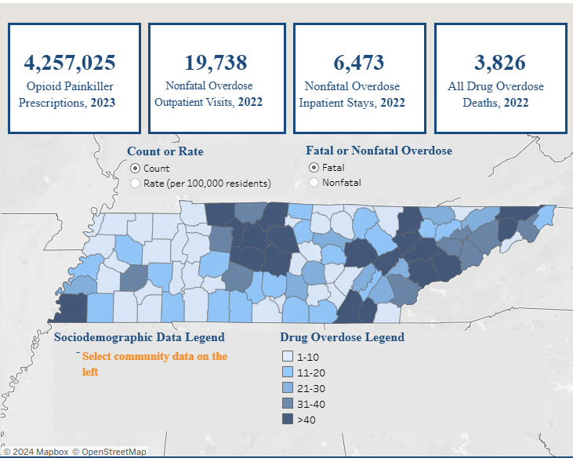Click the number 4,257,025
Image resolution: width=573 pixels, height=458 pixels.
(70, 63)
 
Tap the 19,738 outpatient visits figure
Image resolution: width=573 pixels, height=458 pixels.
(216, 63)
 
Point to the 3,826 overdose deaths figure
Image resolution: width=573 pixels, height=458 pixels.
(500, 63)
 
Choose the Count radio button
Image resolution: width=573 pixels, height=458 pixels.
(136, 168)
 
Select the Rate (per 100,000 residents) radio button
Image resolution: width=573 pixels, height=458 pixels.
(136, 183)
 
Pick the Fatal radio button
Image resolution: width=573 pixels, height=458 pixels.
(314, 167)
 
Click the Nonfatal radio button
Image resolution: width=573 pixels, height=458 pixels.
(314, 182)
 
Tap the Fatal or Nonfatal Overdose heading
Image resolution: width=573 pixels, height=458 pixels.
(379, 151)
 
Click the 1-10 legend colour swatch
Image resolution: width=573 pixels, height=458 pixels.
(288, 356)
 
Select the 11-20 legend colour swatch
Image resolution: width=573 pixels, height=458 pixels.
(288, 372)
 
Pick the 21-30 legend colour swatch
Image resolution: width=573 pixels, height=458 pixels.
(288, 387)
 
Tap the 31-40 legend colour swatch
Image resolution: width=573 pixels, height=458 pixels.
(288, 403)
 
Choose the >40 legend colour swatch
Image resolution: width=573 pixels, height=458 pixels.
(288, 420)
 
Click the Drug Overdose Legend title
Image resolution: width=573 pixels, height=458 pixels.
(342, 337)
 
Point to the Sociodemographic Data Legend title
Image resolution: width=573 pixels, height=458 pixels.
(140, 337)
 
